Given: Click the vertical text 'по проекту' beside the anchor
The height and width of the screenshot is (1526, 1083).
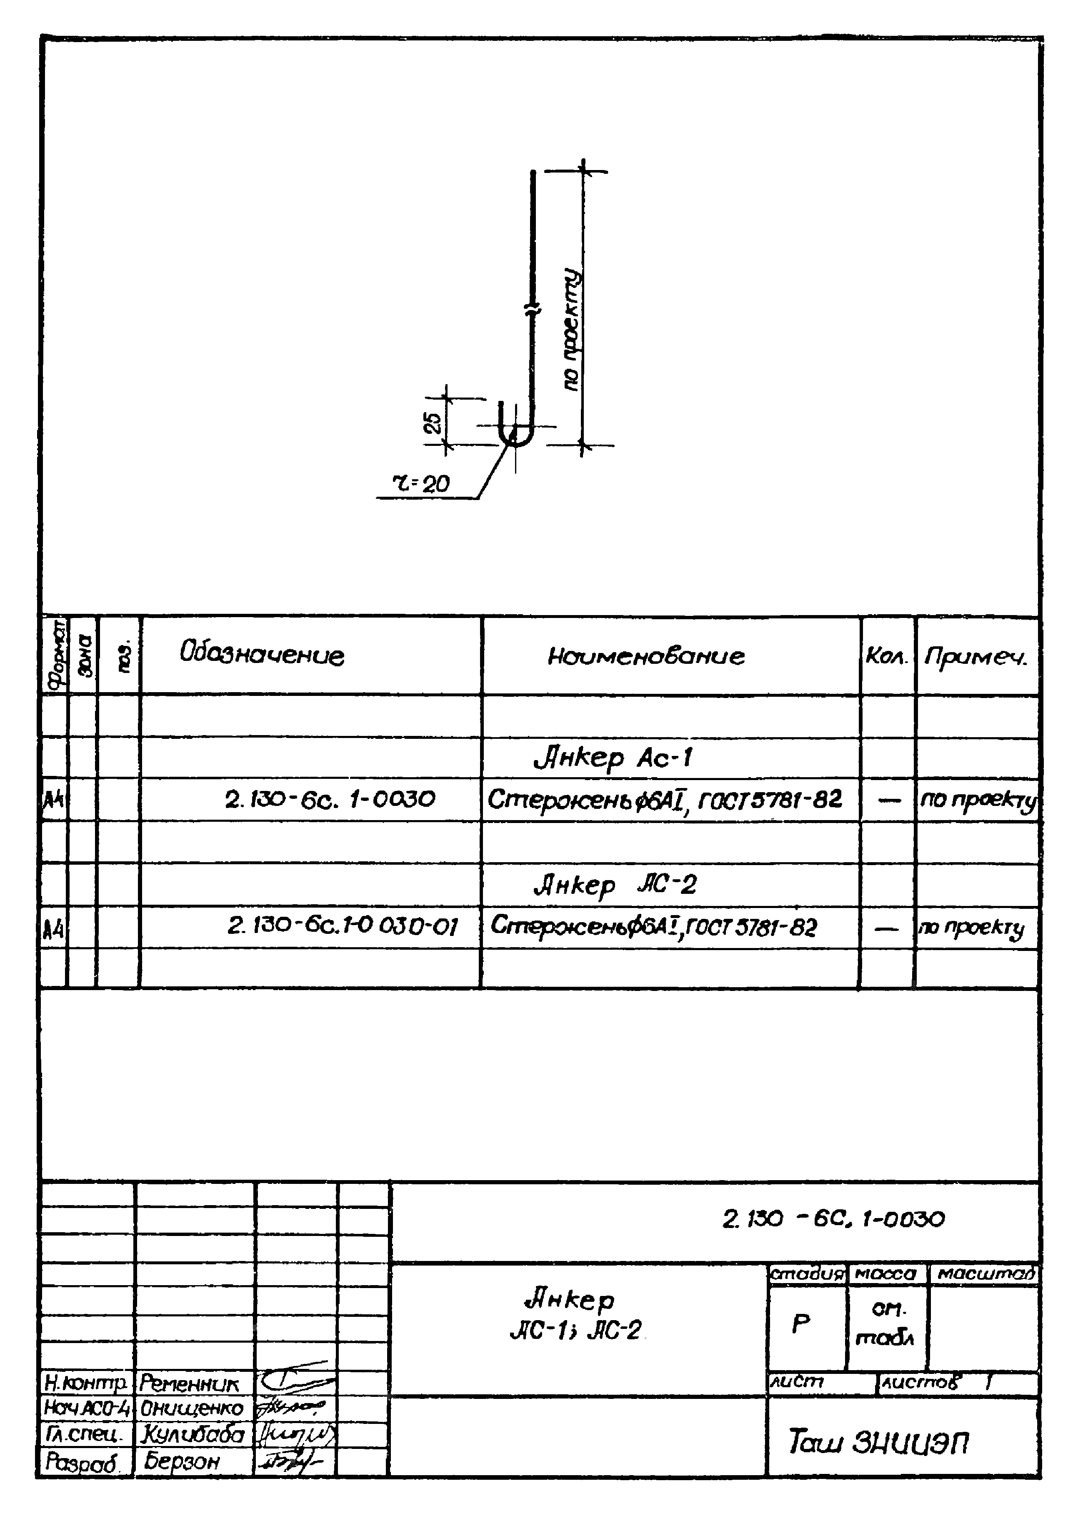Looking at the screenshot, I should tap(572, 330).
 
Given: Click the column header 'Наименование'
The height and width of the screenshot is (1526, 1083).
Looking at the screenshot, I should tap(645, 656).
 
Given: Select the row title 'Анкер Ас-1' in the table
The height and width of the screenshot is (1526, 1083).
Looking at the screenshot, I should tap(613, 758).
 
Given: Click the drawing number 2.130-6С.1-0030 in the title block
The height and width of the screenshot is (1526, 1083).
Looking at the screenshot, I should tap(833, 1219).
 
